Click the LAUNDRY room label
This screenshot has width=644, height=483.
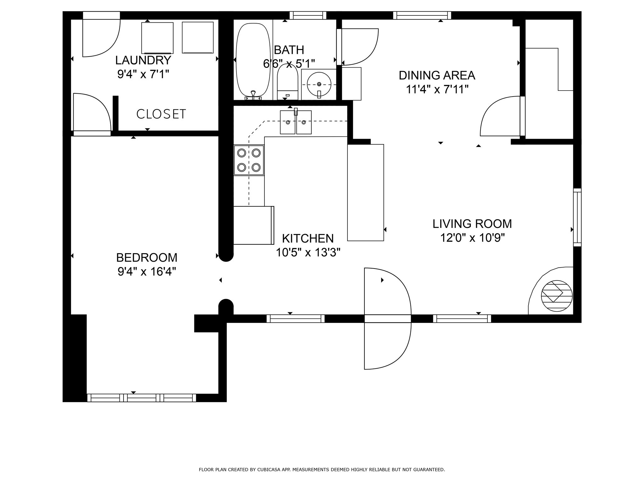pos(143,60)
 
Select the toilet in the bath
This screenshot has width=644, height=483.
pos(287,82)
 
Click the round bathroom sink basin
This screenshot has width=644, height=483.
pos(319,84)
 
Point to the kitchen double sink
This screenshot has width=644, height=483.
pos(296,122)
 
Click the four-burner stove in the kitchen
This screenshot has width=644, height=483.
pos(249,160)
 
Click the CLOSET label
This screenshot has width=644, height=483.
pos(161,114)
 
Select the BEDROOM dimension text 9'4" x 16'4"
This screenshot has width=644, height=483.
pos(147,271)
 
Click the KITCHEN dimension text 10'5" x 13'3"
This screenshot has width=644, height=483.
pos(308,252)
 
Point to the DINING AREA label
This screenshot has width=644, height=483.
pos(437,75)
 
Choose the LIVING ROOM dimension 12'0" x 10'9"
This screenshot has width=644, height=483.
pos(472,238)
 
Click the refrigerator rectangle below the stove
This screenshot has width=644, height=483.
pos(254,225)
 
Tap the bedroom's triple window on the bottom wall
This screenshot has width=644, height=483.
pos(142,398)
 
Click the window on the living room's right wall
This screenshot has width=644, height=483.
pos(577,217)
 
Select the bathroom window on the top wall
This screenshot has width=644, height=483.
pos(308,15)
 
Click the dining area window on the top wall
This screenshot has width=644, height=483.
pos(422,15)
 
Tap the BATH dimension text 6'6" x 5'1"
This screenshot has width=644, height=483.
pos(289,64)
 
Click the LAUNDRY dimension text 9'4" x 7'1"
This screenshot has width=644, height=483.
pos(143,74)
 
